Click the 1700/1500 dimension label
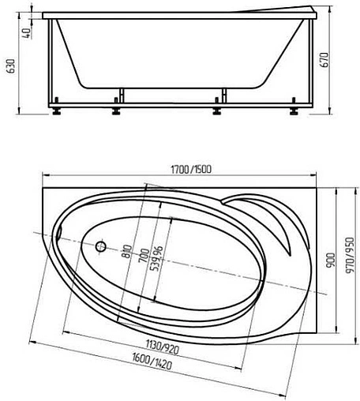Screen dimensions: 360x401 191,170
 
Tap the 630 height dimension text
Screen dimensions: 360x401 11,66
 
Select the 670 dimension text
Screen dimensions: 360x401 325,60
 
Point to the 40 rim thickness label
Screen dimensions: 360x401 27,33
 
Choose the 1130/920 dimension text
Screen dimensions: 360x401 163,347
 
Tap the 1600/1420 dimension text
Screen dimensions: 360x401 152,362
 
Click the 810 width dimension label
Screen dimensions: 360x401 127,251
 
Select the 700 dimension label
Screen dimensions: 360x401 144,256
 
